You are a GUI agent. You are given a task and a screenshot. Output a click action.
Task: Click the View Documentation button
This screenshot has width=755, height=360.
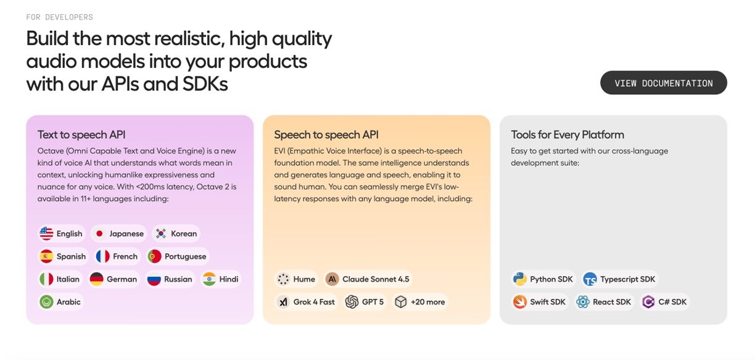coord(663,83)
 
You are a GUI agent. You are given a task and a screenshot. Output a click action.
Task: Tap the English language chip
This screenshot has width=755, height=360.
coord(61,234)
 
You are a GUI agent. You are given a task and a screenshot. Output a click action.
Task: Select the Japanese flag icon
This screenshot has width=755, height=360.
coord(99,234)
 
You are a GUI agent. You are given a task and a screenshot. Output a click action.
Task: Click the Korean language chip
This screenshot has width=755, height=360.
coord(176,234)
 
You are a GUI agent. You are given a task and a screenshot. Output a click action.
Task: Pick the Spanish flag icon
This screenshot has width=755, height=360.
coord(46,256)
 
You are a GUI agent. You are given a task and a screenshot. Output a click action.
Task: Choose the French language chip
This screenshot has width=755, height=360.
coord(117,256)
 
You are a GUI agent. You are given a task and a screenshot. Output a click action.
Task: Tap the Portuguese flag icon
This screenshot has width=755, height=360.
coord(154,256)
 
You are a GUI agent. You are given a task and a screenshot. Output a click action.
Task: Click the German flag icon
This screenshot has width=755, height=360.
coord(96,279)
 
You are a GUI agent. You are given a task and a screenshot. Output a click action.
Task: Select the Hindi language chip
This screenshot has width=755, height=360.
coord(221,279)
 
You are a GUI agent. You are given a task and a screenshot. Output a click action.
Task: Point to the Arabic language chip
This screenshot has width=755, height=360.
coord(60,301)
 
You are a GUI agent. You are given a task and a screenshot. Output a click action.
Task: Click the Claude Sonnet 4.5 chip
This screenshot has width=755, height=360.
coord(368,279)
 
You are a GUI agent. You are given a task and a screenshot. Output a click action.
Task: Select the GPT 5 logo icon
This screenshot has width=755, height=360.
coord(352,301)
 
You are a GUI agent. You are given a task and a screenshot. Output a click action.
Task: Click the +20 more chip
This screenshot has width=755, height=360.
coord(420,301)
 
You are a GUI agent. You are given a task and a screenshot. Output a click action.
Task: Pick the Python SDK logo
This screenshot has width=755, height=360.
coord(520,279)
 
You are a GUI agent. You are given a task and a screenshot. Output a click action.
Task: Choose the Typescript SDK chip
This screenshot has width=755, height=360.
coord(620,279)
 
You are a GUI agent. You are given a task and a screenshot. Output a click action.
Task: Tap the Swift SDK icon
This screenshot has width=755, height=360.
coord(520,301)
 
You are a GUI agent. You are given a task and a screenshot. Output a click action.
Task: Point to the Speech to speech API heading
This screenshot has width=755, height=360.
coord(326,135)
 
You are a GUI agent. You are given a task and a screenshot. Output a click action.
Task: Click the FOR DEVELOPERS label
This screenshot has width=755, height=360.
coord(60,17)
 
